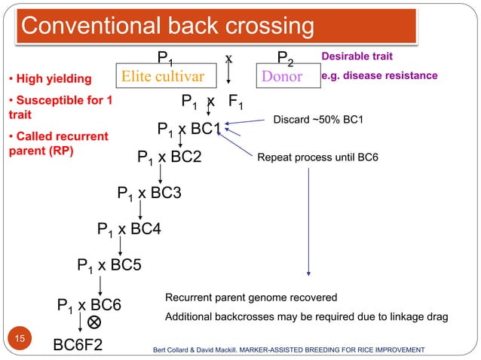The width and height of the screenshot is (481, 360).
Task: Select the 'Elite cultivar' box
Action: [x=162, y=77]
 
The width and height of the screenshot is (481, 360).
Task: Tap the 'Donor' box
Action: [x=282, y=77]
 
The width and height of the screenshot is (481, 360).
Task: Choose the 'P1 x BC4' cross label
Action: [x=130, y=228]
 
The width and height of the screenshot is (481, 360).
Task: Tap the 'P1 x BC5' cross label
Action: [x=109, y=264]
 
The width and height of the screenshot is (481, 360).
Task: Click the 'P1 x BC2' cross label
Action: [x=170, y=157]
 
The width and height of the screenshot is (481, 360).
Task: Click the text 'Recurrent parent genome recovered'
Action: [x=250, y=297]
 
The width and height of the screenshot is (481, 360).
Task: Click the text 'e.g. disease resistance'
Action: [x=379, y=76]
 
